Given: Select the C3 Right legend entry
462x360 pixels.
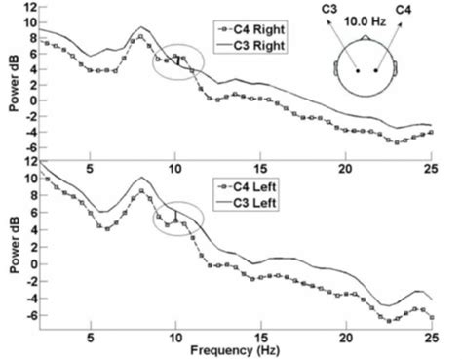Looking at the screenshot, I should click(x=258, y=44).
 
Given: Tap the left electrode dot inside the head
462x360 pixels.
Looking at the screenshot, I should click(x=359, y=71).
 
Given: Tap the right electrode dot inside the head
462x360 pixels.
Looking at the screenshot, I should click(x=376, y=71).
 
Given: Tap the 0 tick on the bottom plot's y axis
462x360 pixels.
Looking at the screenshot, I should click(x=32, y=263).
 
